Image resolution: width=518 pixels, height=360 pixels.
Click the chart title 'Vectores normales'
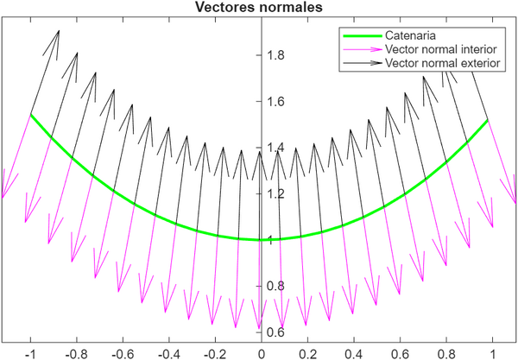tap(259, 8)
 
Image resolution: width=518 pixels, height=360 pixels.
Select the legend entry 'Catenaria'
tap(411, 36)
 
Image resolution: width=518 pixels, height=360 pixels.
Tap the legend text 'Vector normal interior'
tap(439, 50)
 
